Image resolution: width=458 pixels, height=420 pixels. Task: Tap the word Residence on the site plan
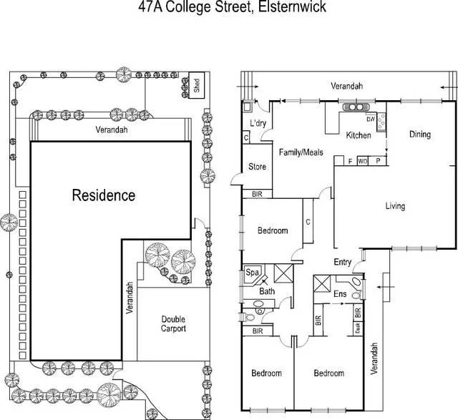tap(103, 195)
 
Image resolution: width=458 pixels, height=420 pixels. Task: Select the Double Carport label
tap(173, 324)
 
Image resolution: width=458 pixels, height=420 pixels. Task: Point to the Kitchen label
tap(359, 135)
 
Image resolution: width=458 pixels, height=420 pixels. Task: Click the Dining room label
tap(420, 134)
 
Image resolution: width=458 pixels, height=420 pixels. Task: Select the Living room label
tap(395, 206)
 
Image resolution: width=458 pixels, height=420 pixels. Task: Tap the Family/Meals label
tap(301, 152)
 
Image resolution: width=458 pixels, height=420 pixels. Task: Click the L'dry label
tap(258, 123)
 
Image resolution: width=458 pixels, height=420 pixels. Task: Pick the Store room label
tap(257, 167)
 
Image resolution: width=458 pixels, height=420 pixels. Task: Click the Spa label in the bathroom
tap(252, 273)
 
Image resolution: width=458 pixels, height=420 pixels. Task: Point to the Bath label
tap(268, 291)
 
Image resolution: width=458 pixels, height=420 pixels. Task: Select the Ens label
tap(341, 294)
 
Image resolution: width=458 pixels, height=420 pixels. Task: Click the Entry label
tap(342, 262)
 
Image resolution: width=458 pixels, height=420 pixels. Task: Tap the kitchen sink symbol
tap(354, 108)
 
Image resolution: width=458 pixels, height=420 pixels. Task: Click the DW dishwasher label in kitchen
tap(371, 118)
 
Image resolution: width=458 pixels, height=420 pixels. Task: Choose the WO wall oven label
tap(363, 160)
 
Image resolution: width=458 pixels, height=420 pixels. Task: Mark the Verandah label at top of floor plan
tap(346, 86)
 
